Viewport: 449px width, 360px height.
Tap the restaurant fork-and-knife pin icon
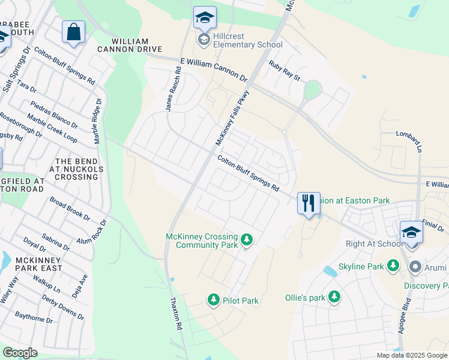tap(309, 203)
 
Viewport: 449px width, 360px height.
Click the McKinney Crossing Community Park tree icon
tap(246, 241)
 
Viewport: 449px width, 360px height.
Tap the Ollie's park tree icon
tap(334, 297)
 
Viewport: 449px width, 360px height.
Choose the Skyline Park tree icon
tap(393, 265)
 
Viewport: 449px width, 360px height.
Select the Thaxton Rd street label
tap(175, 314)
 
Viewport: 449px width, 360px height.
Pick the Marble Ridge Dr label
tap(98, 121)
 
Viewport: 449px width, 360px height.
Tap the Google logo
tap(20, 353)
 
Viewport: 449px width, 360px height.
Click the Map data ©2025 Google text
tap(411, 355)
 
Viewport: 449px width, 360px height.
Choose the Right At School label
tap(373, 244)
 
